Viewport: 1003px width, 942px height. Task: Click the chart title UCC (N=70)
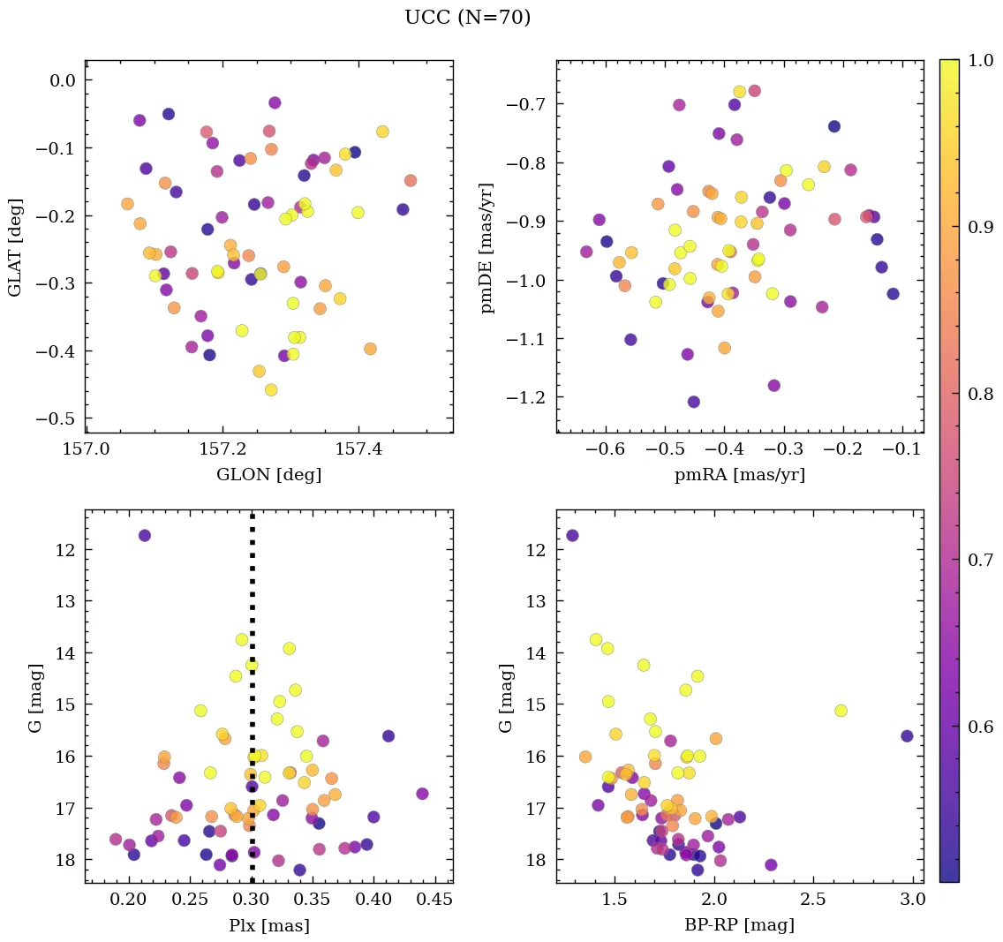(467, 18)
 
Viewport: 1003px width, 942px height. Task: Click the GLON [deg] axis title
(268, 475)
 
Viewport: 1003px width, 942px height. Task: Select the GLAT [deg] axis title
(15, 246)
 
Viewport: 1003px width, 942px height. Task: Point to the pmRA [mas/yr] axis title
(740, 475)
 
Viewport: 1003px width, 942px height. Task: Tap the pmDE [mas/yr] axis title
(486, 247)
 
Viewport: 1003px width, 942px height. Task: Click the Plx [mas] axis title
(268, 925)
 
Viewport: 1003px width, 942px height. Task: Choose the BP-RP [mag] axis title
(740, 925)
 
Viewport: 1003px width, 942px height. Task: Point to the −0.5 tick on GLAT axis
(54, 418)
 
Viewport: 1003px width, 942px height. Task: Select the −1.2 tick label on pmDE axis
(525, 398)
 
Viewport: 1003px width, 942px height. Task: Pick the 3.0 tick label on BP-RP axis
(913, 901)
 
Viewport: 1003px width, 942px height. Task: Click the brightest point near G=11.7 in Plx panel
(145, 535)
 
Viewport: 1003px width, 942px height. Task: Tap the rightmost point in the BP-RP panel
(907, 735)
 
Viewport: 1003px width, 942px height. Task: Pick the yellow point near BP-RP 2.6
(841, 711)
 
